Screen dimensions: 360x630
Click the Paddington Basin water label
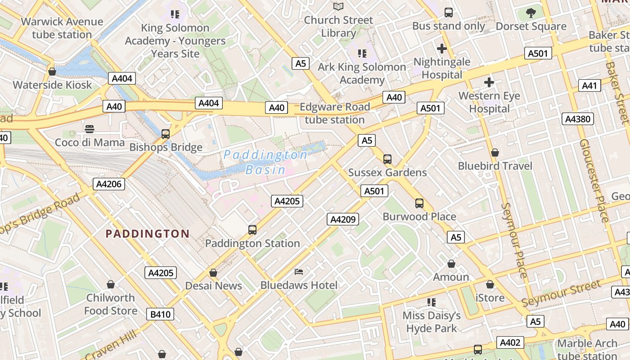click(x=265, y=162)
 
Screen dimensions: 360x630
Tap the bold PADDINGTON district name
click(x=147, y=234)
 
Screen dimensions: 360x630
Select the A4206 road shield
click(x=109, y=184)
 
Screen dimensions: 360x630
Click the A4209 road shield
click(x=343, y=220)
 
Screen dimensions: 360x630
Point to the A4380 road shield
click(x=578, y=119)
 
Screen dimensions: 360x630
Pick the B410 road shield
click(x=160, y=314)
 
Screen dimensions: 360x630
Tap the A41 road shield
click(x=589, y=85)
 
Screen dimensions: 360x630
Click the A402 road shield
click(x=510, y=342)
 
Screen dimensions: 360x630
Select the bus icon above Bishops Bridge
click(x=166, y=134)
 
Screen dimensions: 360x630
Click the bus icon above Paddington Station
click(x=252, y=230)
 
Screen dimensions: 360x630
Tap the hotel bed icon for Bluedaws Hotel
click(x=299, y=271)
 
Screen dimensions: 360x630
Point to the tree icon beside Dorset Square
click(x=531, y=13)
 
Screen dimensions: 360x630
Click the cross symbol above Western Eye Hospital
click(x=489, y=82)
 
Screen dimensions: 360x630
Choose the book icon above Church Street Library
click(x=338, y=7)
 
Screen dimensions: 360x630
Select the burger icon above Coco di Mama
click(x=90, y=129)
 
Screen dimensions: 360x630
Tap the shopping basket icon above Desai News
click(x=213, y=273)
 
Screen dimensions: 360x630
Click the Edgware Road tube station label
click(x=334, y=113)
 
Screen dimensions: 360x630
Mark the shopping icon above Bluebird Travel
click(x=495, y=153)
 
